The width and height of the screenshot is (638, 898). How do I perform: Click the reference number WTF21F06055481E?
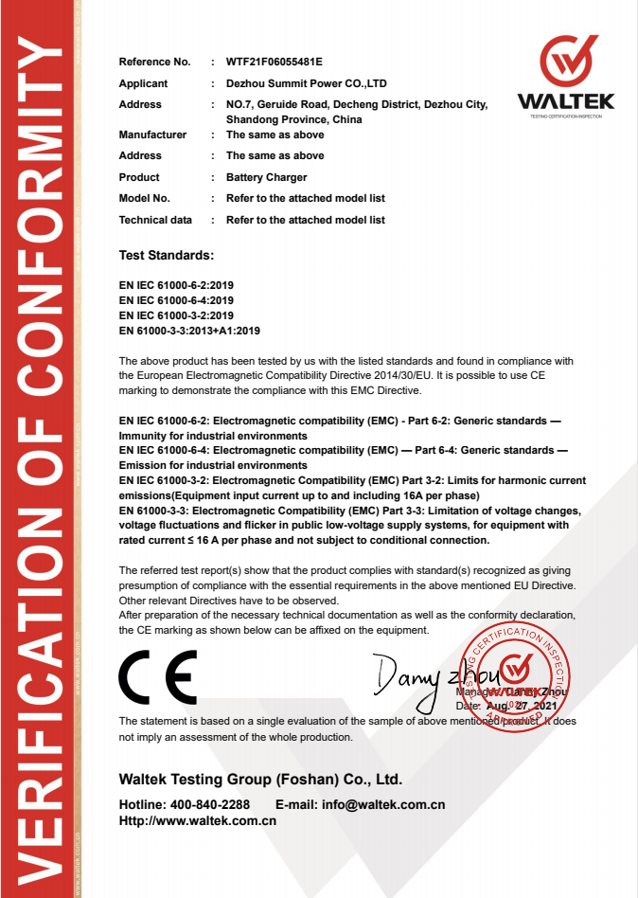click(274, 63)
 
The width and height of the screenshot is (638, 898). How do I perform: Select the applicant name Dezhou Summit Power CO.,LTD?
click(306, 83)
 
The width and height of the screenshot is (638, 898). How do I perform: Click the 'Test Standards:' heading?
click(166, 256)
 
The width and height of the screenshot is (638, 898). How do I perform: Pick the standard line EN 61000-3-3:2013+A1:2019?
click(189, 331)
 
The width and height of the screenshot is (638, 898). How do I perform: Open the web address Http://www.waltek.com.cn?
click(197, 821)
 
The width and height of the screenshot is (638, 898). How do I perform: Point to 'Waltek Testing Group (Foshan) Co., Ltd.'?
click(260, 780)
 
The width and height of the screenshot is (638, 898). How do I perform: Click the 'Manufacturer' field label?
click(152, 135)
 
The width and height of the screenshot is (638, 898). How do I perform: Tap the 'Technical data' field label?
click(155, 220)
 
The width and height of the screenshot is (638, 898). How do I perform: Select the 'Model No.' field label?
click(144, 198)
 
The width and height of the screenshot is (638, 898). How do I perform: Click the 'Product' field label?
click(139, 177)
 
